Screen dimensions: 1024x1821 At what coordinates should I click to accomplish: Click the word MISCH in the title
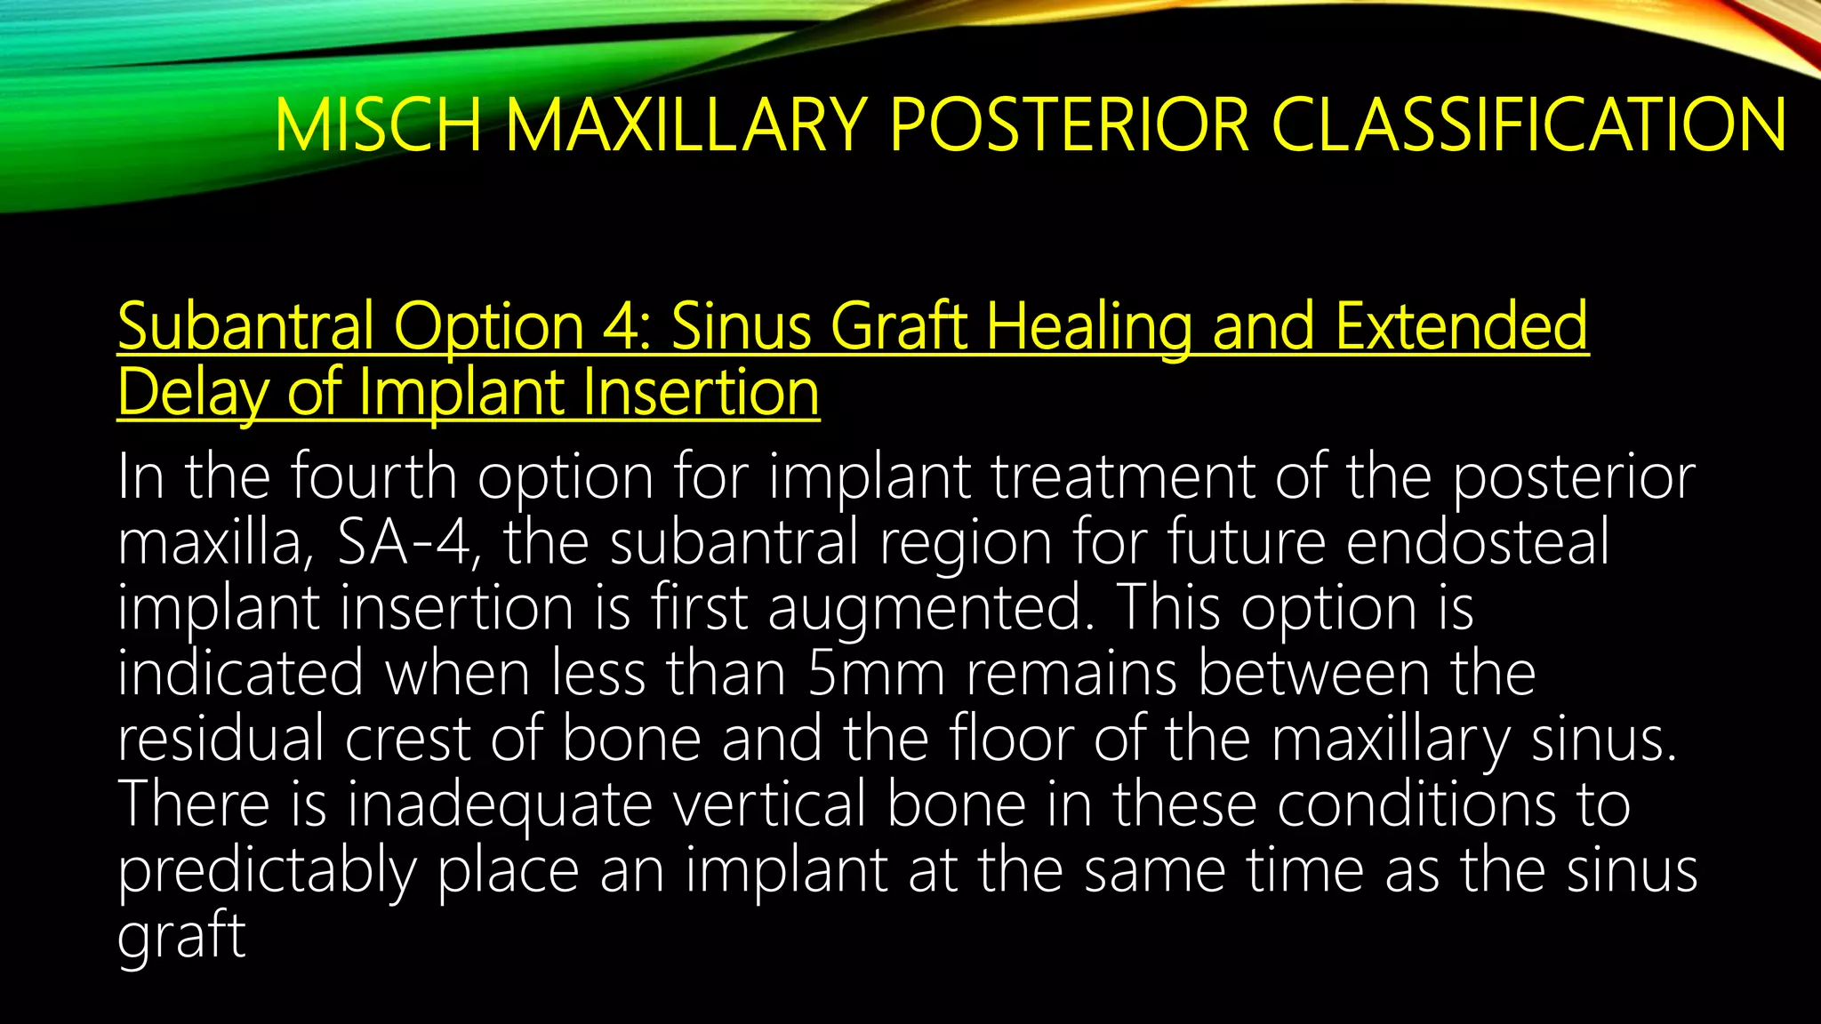tap(378, 124)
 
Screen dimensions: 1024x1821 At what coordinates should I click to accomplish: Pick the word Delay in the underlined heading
tap(191, 392)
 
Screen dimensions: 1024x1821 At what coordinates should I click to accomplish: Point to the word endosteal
tap(1477, 542)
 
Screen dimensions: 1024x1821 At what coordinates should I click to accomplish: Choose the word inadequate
tap(500, 804)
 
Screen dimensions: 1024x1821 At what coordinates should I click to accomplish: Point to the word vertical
tap(769, 804)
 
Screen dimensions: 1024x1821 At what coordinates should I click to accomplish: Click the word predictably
tap(267, 870)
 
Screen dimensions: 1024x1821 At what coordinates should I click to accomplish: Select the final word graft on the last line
tap(181, 936)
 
